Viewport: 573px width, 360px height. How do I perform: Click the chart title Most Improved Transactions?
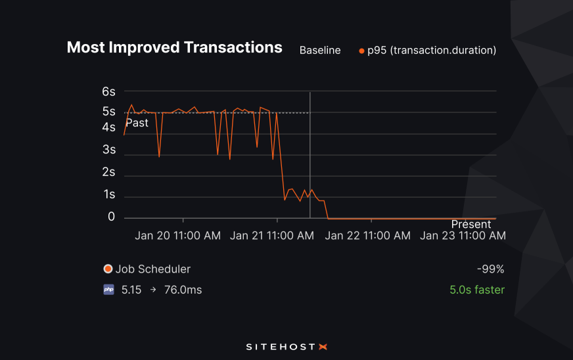tap(174, 48)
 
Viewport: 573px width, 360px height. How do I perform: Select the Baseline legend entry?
tap(320, 50)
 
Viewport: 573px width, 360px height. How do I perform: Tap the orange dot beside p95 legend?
tap(361, 51)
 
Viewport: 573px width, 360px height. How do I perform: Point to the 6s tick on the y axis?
tap(108, 91)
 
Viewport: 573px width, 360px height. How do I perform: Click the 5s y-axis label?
tap(108, 112)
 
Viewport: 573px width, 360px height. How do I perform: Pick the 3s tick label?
tap(108, 150)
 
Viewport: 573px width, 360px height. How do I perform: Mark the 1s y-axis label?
tap(108, 194)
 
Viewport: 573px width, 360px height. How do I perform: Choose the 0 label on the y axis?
tap(111, 217)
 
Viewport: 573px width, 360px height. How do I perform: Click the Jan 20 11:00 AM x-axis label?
tap(178, 235)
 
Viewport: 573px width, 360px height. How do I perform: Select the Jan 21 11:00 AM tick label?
tap(272, 235)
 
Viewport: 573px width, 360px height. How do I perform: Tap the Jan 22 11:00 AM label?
tap(368, 235)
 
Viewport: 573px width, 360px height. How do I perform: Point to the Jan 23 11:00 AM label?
tap(463, 235)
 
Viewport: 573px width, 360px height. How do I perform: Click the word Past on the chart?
tap(137, 123)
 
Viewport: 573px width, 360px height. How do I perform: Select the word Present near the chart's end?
tap(471, 225)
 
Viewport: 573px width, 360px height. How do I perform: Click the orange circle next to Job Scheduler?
tap(108, 269)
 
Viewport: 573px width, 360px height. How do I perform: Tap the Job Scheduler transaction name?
tap(153, 269)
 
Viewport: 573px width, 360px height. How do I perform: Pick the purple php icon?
tap(109, 289)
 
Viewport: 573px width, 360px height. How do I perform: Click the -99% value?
tap(490, 269)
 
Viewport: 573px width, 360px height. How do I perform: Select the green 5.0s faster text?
tap(477, 289)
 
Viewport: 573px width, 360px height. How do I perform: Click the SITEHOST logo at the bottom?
tap(286, 346)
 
